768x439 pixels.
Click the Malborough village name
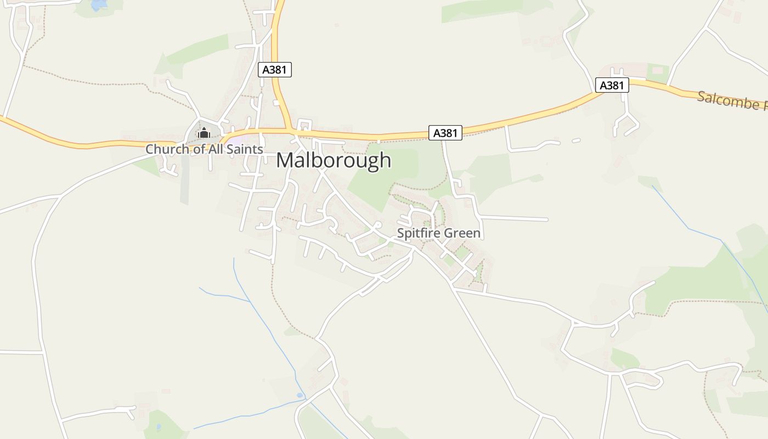pyautogui.click(x=334, y=160)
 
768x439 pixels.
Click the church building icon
pyautogui.click(x=204, y=133)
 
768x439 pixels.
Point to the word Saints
pyautogui.click(x=246, y=149)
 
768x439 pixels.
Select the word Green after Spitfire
pyautogui.click(x=462, y=233)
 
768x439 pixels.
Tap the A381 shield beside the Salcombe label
pyautogui.click(x=612, y=85)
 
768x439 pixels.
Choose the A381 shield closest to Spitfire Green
pyautogui.click(x=445, y=133)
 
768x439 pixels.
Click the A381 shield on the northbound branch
pyautogui.click(x=275, y=70)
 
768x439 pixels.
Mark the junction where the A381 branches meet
pyautogui.click(x=289, y=131)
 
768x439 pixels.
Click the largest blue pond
pyautogui.click(x=99, y=4)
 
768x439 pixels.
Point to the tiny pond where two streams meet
pyautogui.click(x=299, y=395)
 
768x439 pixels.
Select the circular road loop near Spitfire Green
pyautogui.click(x=377, y=226)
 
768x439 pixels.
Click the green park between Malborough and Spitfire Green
pyautogui.click(x=395, y=170)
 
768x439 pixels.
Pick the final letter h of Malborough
pyautogui.click(x=386, y=160)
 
